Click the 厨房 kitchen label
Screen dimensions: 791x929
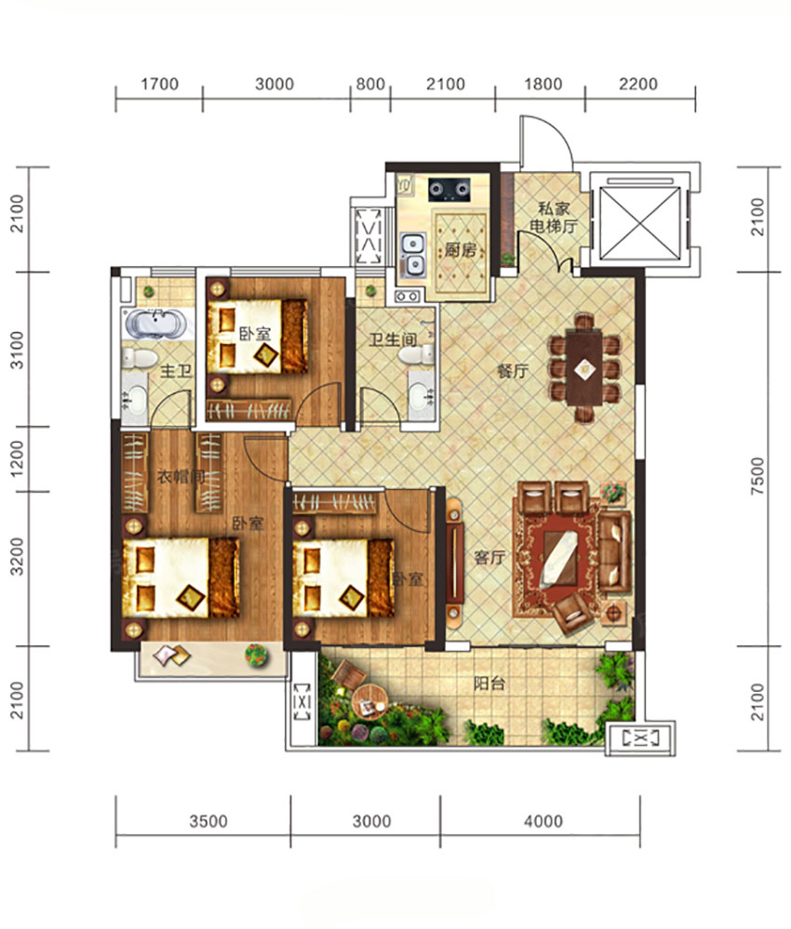(460, 250)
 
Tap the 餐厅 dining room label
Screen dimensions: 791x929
(513, 371)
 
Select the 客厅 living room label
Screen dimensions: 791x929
(489, 558)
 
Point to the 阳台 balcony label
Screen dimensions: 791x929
(489, 683)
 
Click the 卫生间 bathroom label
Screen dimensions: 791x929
(393, 339)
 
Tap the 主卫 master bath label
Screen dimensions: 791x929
(176, 371)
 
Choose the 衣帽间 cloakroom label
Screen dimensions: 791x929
(181, 476)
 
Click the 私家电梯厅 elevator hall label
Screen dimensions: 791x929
(553, 218)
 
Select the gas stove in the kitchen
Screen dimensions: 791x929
(449, 189)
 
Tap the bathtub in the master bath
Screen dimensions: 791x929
(155, 324)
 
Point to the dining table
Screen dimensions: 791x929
(584, 368)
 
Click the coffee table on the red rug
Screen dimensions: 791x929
(559, 558)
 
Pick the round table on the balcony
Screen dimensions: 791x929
(369, 701)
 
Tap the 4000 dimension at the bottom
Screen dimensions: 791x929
(543, 821)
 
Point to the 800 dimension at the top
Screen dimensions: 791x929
(370, 84)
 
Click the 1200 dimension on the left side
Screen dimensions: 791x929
(18, 458)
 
